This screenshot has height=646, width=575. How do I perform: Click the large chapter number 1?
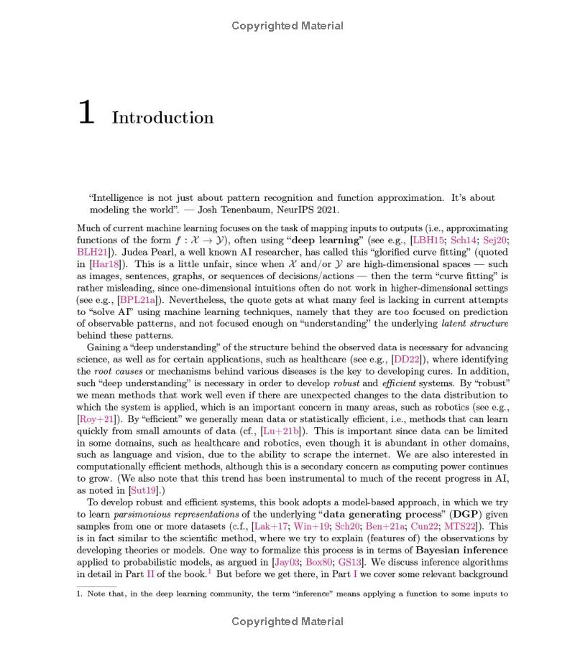(86, 113)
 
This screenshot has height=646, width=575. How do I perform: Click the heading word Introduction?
(162, 118)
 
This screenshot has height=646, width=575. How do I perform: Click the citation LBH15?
(428, 240)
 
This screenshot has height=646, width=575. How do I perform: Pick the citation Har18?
(105, 264)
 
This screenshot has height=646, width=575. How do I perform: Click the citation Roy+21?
(96, 418)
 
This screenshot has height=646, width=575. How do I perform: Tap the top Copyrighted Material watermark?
(287, 26)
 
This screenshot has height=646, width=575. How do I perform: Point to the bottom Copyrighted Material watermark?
(287, 622)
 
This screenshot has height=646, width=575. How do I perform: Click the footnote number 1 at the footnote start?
(79, 594)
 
